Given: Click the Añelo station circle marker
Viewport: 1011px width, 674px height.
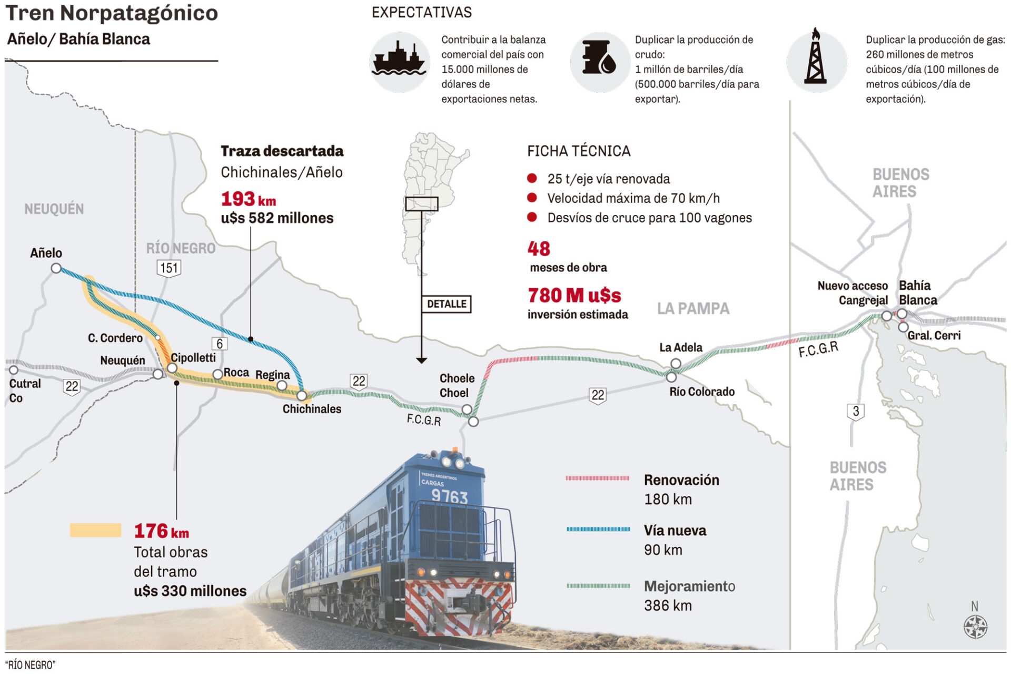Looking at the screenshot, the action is click(56, 268).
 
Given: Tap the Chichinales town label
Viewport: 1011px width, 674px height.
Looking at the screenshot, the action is click(312, 409).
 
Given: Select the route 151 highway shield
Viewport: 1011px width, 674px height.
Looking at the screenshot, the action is click(168, 268).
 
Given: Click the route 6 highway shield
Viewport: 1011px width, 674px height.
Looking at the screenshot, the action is click(220, 344).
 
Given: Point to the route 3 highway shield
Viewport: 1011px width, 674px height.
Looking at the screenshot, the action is click(856, 412).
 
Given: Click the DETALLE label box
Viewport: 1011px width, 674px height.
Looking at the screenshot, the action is click(447, 304).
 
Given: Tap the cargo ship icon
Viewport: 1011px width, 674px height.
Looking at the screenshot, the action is click(399, 62).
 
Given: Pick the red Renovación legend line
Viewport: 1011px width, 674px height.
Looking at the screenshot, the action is click(598, 478).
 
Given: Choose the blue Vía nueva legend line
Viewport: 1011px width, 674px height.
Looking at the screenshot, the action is click(598, 529).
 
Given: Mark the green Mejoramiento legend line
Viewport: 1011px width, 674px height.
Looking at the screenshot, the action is click(598, 585).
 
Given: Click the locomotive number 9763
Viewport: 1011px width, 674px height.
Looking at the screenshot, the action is click(449, 495).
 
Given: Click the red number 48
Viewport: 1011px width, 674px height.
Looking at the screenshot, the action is click(539, 249).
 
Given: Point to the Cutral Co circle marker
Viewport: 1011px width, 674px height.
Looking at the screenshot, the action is click(14, 370).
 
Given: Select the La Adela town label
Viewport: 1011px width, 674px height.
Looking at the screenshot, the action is click(681, 347).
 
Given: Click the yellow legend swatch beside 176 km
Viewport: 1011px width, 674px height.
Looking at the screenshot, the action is click(95, 530).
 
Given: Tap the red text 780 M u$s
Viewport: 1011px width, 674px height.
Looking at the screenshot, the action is click(574, 295).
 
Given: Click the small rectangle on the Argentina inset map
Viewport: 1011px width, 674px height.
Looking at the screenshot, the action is click(421, 204).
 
